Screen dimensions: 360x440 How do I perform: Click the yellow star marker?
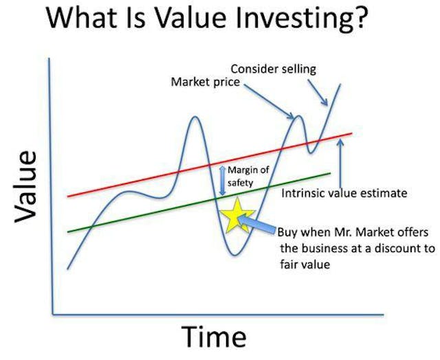point(237,216)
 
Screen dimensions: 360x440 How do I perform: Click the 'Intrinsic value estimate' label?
point(344,193)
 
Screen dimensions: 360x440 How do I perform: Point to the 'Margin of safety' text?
point(250,177)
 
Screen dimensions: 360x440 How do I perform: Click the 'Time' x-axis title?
point(213,337)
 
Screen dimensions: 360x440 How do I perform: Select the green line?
point(137,216)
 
